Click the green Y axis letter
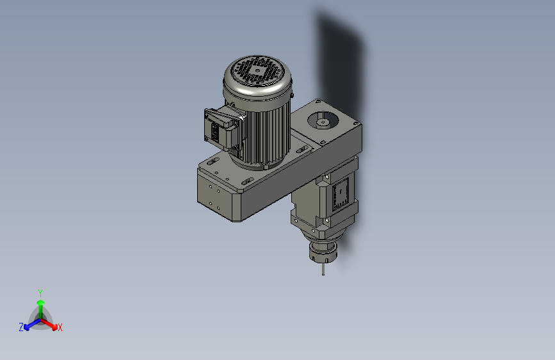[40, 291]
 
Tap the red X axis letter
[60, 328]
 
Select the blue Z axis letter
[21, 327]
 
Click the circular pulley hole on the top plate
[322, 121]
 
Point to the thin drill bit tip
[323, 270]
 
